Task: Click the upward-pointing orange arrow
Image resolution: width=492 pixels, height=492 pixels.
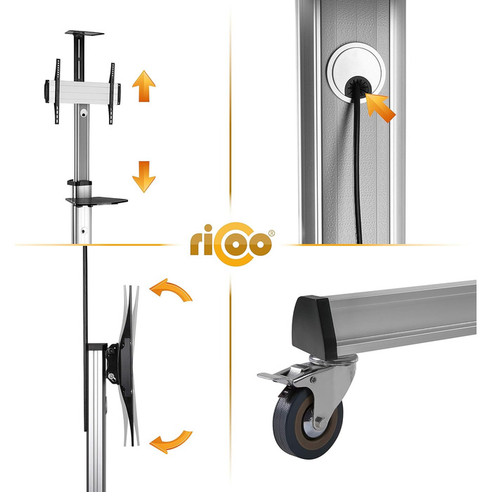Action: [143, 86]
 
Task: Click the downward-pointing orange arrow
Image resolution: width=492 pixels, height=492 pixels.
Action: [143, 176]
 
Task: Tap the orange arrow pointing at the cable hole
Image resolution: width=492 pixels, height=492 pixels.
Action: [380, 108]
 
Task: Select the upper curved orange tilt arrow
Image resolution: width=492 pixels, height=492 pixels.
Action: [171, 289]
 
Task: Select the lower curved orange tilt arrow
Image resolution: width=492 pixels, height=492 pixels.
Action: [171, 443]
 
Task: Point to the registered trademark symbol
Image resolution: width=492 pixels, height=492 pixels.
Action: [271, 233]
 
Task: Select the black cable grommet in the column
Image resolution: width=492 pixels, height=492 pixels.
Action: [358, 88]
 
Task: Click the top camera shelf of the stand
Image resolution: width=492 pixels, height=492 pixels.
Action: [84, 32]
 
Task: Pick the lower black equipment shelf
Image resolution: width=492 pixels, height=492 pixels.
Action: [97, 201]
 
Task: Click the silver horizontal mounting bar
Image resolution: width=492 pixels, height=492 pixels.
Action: [83, 92]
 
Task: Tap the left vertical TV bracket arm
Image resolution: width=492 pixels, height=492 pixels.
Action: [57, 91]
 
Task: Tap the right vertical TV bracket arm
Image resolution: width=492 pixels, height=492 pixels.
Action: [111, 93]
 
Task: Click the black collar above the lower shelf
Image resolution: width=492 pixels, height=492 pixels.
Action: [79, 183]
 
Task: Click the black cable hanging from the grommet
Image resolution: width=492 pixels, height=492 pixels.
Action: [358, 167]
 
